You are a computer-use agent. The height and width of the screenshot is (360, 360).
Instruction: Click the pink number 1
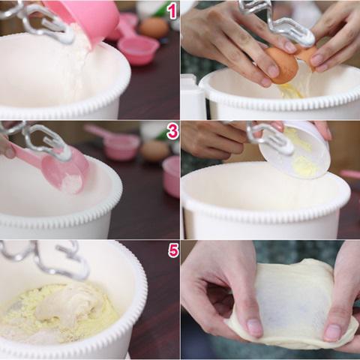172,11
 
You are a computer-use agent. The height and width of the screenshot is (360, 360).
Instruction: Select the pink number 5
173,250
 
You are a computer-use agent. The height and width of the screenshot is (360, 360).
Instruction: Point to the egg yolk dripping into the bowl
291,91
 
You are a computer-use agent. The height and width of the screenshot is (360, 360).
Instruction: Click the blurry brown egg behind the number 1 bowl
153,27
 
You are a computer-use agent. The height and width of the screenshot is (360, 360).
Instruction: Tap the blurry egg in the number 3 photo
154,151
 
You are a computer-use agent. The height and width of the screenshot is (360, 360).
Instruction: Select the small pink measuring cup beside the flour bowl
137,50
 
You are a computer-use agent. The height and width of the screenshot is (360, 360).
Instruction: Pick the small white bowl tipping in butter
295,150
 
